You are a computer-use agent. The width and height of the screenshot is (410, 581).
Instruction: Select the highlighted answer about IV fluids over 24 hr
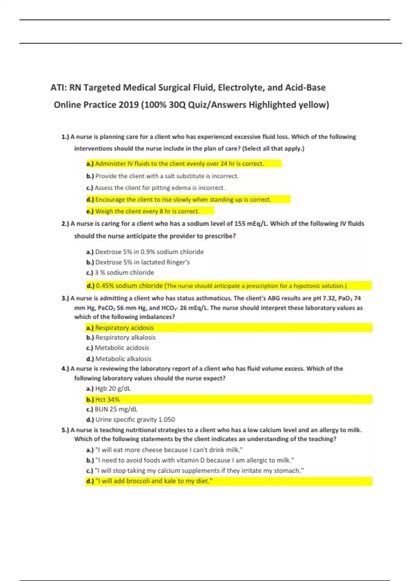click(x=179, y=164)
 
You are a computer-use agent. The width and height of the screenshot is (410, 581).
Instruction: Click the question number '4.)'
click(x=65, y=369)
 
